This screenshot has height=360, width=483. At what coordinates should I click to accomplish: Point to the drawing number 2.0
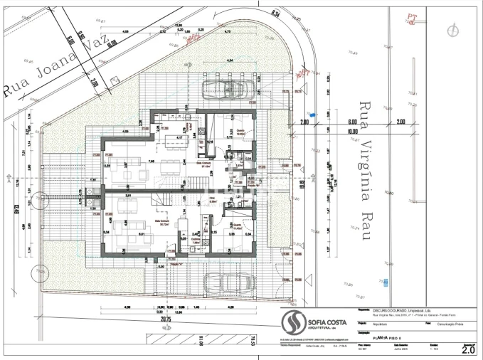click(468, 349)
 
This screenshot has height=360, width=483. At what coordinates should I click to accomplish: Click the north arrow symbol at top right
click(451, 31)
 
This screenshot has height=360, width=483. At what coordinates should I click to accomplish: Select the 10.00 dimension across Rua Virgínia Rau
click(353, 131)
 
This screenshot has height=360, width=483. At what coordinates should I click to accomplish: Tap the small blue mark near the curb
click(313, 113)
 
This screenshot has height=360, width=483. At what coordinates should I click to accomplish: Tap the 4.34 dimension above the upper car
click(229, 61)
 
